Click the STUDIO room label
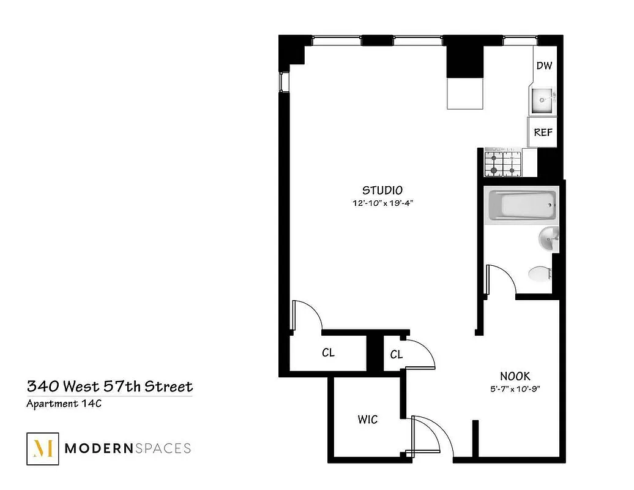coord(382,189)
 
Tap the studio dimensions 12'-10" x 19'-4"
coord(383,204)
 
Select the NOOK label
coord(515,376)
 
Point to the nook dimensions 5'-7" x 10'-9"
coord(515,388)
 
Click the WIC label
coord(368,420)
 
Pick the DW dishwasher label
coord(544,66)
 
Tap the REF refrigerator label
coord(543,132)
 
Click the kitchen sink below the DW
coord(542,100)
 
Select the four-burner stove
coord(503,162)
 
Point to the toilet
coord(539,273)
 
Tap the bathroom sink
coord(548,239)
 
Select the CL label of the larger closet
coord(328,353)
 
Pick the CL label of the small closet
coord(396,355)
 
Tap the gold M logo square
coord(42,448)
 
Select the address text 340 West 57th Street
coord(110,386)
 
